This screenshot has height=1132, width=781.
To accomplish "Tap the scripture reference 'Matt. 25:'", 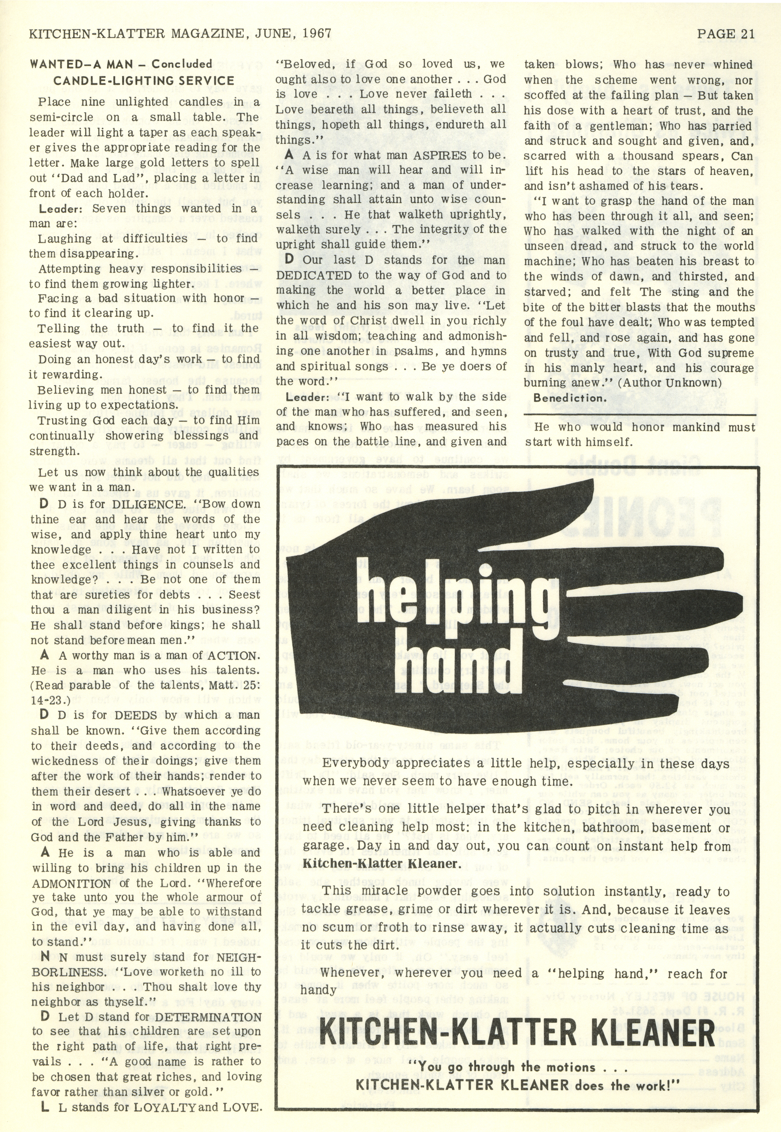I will (x=232, y=686).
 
